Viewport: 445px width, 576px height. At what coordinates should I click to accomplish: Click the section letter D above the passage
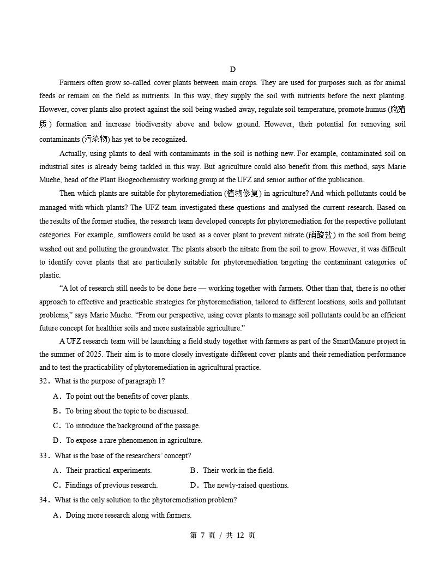click(233, 69)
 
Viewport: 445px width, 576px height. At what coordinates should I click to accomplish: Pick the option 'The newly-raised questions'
click(240, 485)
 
